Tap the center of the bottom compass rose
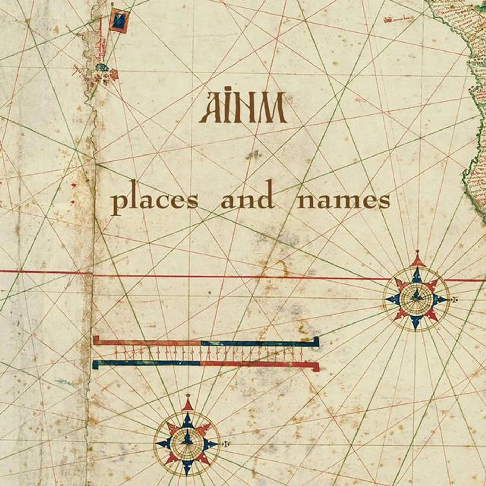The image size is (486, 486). (x=187, y=443)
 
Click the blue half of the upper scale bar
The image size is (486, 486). (x=259, y=344)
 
